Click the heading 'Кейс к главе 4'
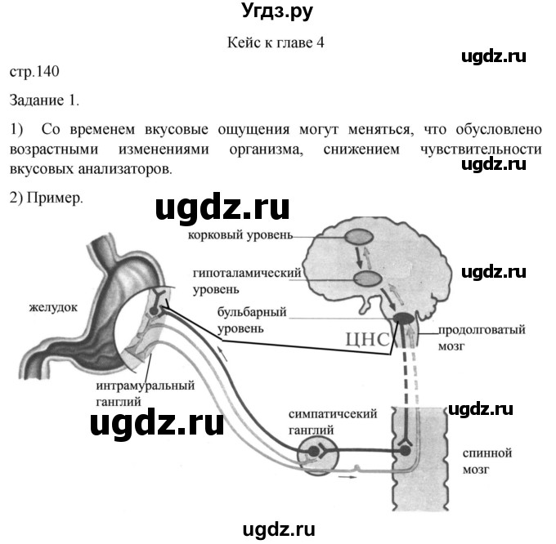(x=276, y=42)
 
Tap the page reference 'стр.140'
(x=34, y=72)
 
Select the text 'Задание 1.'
(x=44, y=100)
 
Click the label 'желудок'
(x=53, y=307)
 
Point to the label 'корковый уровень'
(x=240, y=234)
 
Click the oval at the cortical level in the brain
(x=358, y=237)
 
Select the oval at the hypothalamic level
(x=369, y=279)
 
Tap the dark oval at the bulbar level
(x=404, y=317)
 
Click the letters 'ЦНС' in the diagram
(x=367, y=340)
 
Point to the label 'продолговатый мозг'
(x=482, y=337)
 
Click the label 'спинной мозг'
(x=487, y=462)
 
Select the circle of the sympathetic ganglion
(x=318, y=455)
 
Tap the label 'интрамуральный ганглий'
(x=146, y=393)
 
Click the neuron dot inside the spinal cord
(x=405, y=451)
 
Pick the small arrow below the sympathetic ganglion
(x=347, y=477)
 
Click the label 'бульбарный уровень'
(x=252, y=320)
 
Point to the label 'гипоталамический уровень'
(x=247, y=281)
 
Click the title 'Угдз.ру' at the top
(x=277, y=11)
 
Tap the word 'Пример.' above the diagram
(x=55, y=198)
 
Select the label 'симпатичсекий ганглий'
(x=333, y=421)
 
